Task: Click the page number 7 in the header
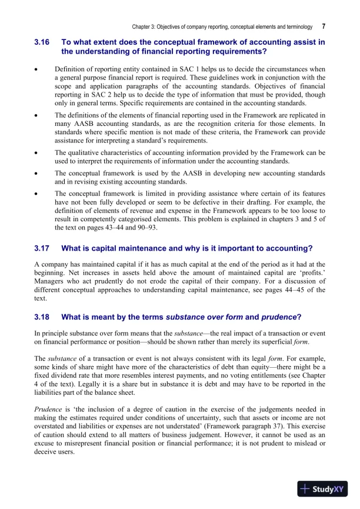click(x=324, y=26)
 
